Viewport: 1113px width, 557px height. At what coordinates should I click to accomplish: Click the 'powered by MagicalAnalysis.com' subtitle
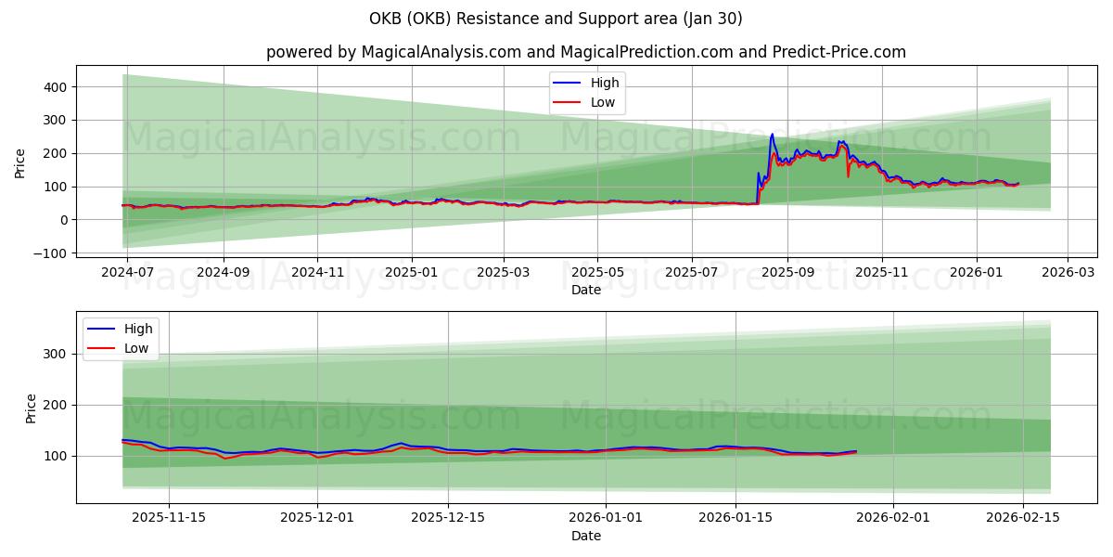[x=586, y=52]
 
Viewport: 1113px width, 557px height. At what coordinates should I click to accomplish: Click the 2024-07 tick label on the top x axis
[x=126, y=274]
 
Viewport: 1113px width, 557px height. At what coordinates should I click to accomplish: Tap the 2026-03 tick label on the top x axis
[x=1068, y=274]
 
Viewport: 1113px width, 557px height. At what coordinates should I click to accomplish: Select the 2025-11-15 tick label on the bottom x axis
[x=169, y=518]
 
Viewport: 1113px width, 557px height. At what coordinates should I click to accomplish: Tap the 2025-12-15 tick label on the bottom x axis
[x=448, y=518]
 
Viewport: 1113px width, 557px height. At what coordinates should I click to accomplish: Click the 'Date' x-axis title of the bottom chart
[x=586, y=536]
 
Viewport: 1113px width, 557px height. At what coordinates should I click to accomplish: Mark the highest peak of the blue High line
[x=772, y=134]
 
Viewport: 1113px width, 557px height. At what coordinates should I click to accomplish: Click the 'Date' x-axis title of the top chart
[x=586, y=290]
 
